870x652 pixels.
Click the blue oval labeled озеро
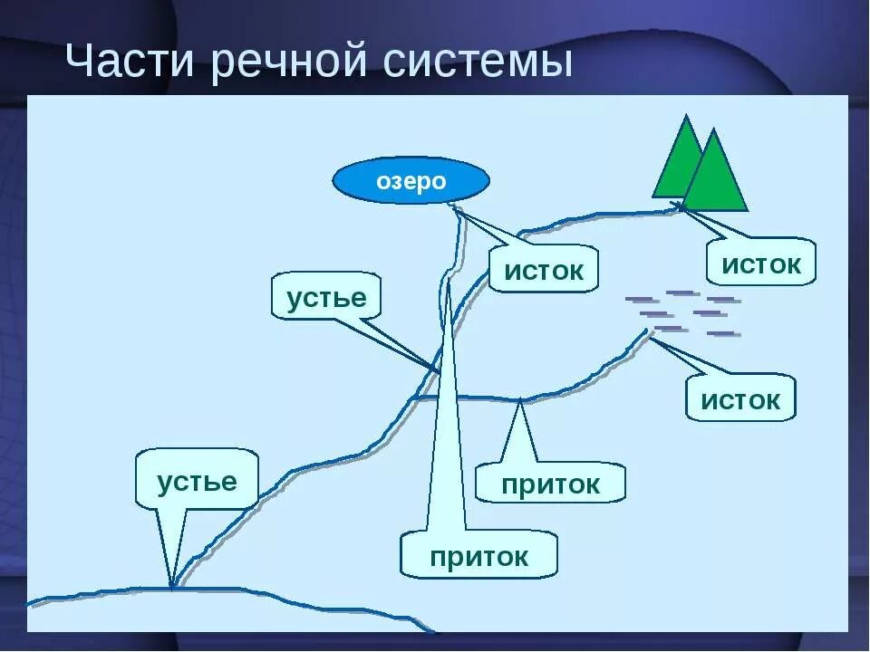(411, 181)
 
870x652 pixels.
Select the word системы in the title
(477, 63)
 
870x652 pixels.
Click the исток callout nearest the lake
(544, 270)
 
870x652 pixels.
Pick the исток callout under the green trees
(761, 264)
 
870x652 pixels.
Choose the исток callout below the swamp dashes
(740, 399)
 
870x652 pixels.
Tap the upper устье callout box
(326, 298)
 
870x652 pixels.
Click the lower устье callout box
(197, 481)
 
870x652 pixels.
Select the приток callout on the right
(550, 484)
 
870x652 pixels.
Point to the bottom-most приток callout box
(478, 556)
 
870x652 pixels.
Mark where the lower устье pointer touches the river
(171, 587)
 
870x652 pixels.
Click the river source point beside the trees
(678, 206)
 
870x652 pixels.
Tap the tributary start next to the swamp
(648, 331)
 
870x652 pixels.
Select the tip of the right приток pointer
(519, 399)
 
